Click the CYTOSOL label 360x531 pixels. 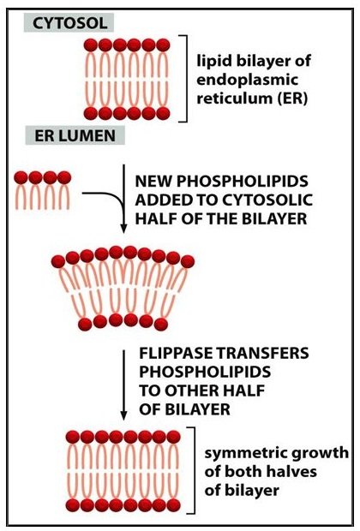(x=70, y=23)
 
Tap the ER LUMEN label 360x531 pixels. (x=75, y=136)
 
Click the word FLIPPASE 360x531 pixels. (x=173, y=353)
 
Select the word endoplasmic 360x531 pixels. (x=247, y=81)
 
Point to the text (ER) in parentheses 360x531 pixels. (x=292, y=98)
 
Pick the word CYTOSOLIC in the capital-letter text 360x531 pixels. (x=267, y=200)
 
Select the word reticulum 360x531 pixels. (x=235, y=98)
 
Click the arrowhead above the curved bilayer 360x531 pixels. (x=123, y=229)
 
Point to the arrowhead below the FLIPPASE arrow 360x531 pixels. (x=123, y=415)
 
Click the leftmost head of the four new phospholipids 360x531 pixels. (x=21, y=177)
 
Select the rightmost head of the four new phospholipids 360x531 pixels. (x=64, y=177)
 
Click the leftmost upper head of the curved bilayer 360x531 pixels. (x=58, y=261)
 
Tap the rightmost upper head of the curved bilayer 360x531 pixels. (x=188, y=261)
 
